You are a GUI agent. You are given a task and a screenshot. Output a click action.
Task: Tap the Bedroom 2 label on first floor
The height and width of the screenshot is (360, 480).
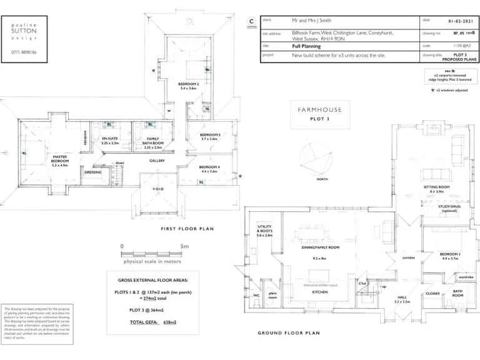pos(189,86)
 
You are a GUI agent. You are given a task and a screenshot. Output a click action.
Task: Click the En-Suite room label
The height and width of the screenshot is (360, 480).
pos(110,141)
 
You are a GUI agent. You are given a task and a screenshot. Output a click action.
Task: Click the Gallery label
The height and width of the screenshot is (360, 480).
pos(157,161)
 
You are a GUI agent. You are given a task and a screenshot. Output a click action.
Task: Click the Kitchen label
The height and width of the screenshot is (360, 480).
pos(320,292)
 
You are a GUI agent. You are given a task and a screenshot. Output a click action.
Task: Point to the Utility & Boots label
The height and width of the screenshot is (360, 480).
pos(264,232)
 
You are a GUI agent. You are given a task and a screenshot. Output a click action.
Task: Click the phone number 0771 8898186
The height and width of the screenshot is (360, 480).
pos(24,52)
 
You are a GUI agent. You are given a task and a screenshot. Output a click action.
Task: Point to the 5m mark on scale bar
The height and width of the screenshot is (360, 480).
pos(184,246)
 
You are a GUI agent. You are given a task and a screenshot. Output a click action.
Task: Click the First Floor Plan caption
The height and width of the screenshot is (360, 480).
pos(187,229)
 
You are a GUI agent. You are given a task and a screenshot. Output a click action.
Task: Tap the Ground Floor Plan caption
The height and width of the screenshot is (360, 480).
pos(289,333)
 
